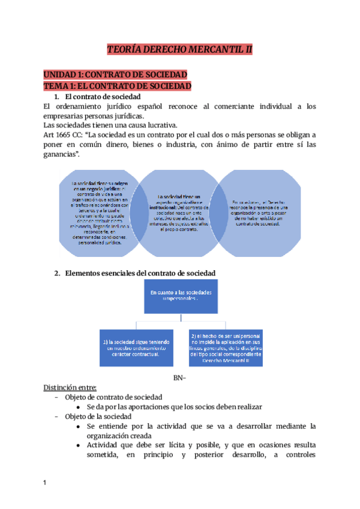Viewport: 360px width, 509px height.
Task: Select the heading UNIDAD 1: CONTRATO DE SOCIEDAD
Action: click(115, 74)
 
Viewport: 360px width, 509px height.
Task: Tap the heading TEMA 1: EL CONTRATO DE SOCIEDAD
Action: click(118, 86)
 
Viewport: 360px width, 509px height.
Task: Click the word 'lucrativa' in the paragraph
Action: click(160, 125)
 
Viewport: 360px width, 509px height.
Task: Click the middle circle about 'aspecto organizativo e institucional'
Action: click(180, 207)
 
